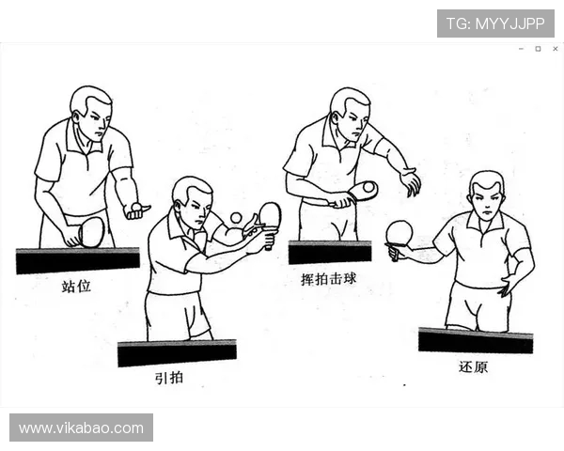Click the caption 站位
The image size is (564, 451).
[76, 286]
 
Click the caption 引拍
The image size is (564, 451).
[169, 378]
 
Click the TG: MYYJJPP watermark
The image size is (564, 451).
[495, 23]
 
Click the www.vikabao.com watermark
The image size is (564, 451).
[81, 428]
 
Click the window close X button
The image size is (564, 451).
[555, 49]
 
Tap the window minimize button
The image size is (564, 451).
[521, 49]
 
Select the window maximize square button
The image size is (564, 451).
[538, 49]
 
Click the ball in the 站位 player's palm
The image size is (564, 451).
[137, 206]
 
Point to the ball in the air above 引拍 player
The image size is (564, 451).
[235, 218]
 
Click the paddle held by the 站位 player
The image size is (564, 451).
[91, 231]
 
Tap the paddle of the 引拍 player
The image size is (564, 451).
[270, 216]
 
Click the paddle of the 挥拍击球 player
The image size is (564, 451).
[362, 191]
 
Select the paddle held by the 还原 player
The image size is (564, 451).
[399, 233]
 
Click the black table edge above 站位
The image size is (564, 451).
[77, 259]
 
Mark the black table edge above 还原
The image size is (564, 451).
[475, 340]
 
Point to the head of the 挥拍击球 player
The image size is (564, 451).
[349, 110]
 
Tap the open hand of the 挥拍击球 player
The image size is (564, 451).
[410, 181]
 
